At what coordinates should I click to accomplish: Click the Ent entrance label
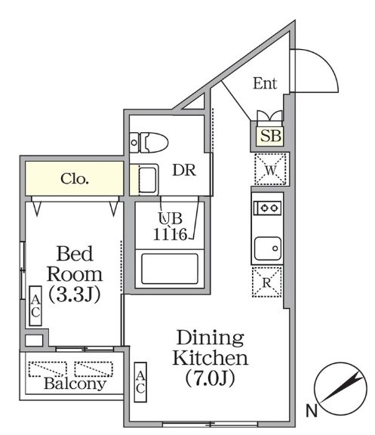(x=264, y=84)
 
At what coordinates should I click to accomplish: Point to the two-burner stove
(x=267, y=206)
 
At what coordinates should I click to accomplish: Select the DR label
(x=184, y=171)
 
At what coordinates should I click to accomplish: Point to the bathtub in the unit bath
(x=167, y=267)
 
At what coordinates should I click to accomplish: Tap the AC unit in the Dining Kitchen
(x=140, y=380)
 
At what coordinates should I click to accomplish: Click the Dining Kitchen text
(x=211, y=347)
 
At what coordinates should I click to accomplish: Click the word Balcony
(x=74, y=384)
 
